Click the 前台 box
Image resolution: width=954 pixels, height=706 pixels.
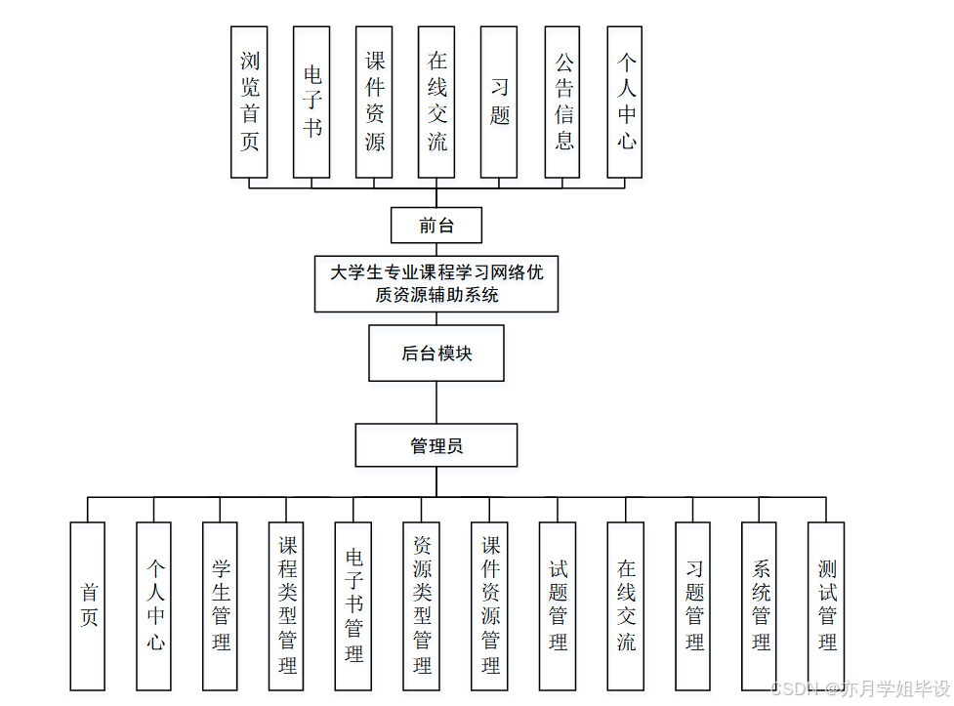pos(436,225)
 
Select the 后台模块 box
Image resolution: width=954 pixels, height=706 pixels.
pos(436,353)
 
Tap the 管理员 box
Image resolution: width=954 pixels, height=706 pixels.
pos(436,445)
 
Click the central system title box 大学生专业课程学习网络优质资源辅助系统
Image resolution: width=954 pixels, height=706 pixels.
pos(436,283)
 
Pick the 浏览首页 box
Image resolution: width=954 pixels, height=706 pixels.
pos(249,102)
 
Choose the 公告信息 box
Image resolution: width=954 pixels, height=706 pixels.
pos(562,102)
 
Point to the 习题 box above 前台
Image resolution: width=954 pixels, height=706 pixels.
pos(499,102)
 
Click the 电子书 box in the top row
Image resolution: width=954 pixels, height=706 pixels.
pos(311,102)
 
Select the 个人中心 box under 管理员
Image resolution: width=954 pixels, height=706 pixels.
pos(154,605)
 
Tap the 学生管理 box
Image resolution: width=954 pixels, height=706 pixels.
pos(221,605)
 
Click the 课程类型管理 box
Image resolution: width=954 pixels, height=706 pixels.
pos(287,605)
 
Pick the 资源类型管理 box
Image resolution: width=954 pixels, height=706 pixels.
pos(422,605)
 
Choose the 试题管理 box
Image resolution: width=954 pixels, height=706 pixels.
pos(558,605)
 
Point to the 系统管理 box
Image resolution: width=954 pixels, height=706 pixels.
pos(760,605)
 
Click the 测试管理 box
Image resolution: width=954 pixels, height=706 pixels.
pos(826,605)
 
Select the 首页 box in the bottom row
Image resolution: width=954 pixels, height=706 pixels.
pos(88,605)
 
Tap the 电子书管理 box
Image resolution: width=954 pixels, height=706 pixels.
pos(353,605)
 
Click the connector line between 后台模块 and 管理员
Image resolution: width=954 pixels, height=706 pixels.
pos(436,402)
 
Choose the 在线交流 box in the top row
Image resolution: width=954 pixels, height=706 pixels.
pos(436,102)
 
